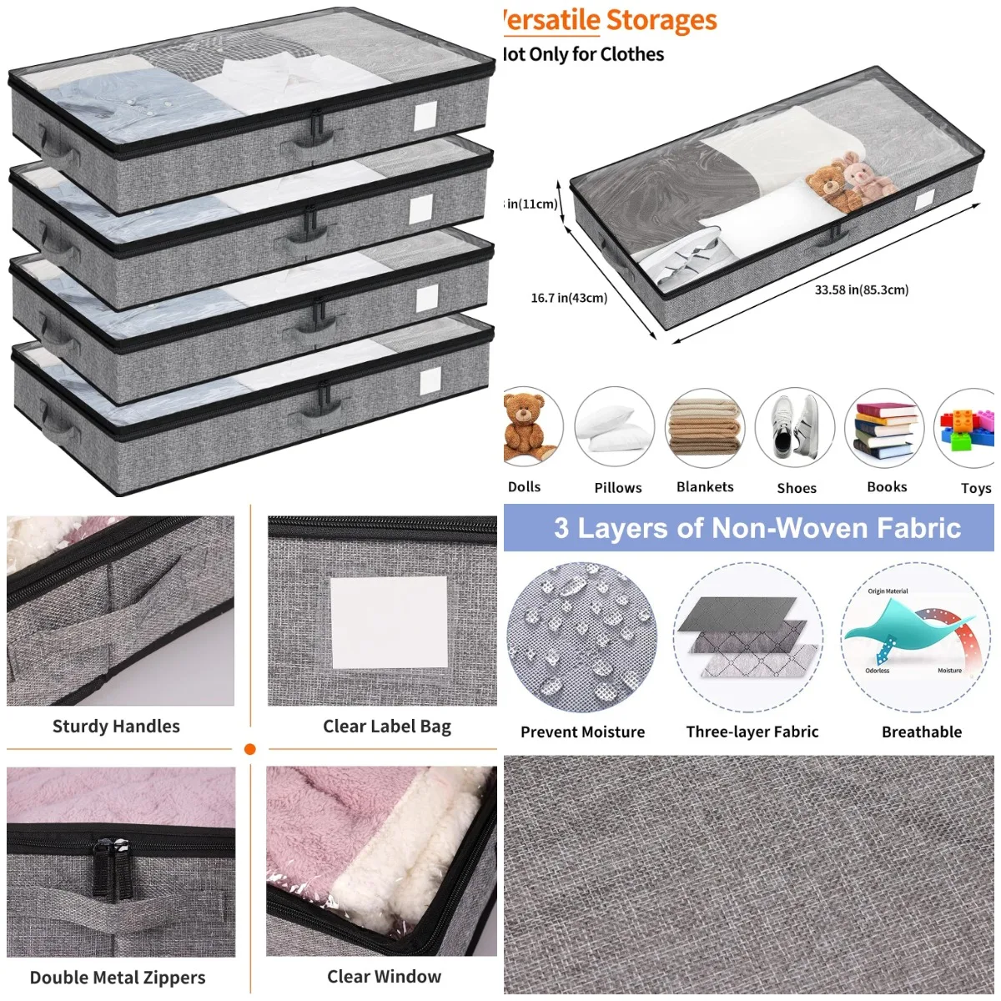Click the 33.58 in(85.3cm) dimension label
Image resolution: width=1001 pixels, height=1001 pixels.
(x=861, y=290)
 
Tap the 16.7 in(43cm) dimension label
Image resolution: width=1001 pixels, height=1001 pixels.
(x=569, y=298)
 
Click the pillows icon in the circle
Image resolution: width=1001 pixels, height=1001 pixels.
(x=615, y=427)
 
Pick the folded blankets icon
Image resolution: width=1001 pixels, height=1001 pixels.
(x=705, y=427)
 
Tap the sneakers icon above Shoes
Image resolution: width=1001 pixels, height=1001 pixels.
(x=795, y=427)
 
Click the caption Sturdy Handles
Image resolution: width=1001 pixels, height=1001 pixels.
(x=116, y=727)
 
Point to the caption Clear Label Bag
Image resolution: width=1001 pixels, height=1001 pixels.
(x=387, y=727)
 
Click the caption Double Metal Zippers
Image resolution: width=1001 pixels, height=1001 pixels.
(x=118, y=978)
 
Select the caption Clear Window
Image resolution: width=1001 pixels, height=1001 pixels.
(x=384, y=977)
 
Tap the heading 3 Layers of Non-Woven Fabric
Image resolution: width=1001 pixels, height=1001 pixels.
(x=757, y=528)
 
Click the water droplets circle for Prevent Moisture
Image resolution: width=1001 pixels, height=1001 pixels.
(x=581, y=637)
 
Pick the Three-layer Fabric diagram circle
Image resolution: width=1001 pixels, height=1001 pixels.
(x=748, y=637)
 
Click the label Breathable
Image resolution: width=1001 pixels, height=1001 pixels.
(x=922, y=732)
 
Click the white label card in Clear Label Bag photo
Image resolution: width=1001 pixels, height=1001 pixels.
(x=390, y=622)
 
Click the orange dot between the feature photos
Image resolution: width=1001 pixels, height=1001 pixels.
(x=249, y=749)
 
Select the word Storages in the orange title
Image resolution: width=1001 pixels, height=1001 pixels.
(x=661, y=20)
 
